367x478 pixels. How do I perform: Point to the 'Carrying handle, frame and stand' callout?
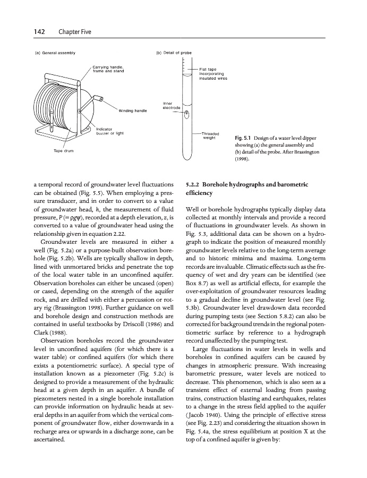(x=108, y=69)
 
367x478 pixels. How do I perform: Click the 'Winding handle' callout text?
(x=132, y=110)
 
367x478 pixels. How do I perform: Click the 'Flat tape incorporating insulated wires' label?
(x=214, y=73)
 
